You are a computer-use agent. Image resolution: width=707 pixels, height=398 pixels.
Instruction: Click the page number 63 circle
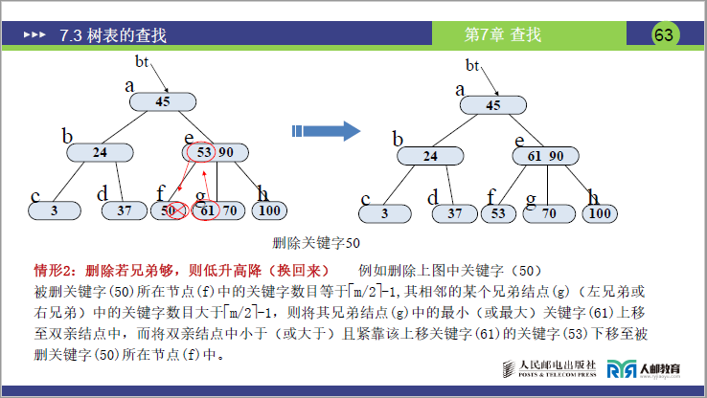click(x=664, y=34)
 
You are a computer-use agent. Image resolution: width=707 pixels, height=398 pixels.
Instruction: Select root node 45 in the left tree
click(x=162, y=101)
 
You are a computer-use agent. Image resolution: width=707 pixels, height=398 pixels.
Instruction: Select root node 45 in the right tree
click(x=494, y=105)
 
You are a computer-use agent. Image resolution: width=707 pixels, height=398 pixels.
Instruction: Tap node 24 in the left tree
click(x=100, y=152)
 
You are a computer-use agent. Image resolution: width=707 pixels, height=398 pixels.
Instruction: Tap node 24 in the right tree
click(x=430, y=156)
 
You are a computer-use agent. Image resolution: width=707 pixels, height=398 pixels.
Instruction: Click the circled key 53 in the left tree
click(x=203, y=152)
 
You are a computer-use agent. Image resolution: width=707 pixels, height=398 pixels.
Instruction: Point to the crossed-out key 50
click(x=171, y=210)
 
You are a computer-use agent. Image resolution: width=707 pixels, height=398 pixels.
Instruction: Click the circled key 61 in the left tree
click(x=206, y=210)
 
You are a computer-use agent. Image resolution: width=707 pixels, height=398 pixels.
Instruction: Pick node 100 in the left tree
click(x=272, y=210)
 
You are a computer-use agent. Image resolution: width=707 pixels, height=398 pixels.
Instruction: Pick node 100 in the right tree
click(x=600, y=213)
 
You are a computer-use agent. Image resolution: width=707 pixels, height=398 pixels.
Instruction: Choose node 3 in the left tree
click(x=55, y=210)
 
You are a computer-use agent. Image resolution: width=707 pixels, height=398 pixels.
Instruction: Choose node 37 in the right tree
click(x=455, y=213)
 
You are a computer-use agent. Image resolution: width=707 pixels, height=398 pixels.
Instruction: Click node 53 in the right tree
click(x=498, y=213)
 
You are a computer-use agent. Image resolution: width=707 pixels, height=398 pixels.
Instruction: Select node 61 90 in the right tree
click(x=546, y=156)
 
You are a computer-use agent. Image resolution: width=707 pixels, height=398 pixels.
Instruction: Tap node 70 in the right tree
click(x=549, y=213)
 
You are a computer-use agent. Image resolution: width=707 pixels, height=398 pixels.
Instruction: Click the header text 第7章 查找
click(x=503, y=35)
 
